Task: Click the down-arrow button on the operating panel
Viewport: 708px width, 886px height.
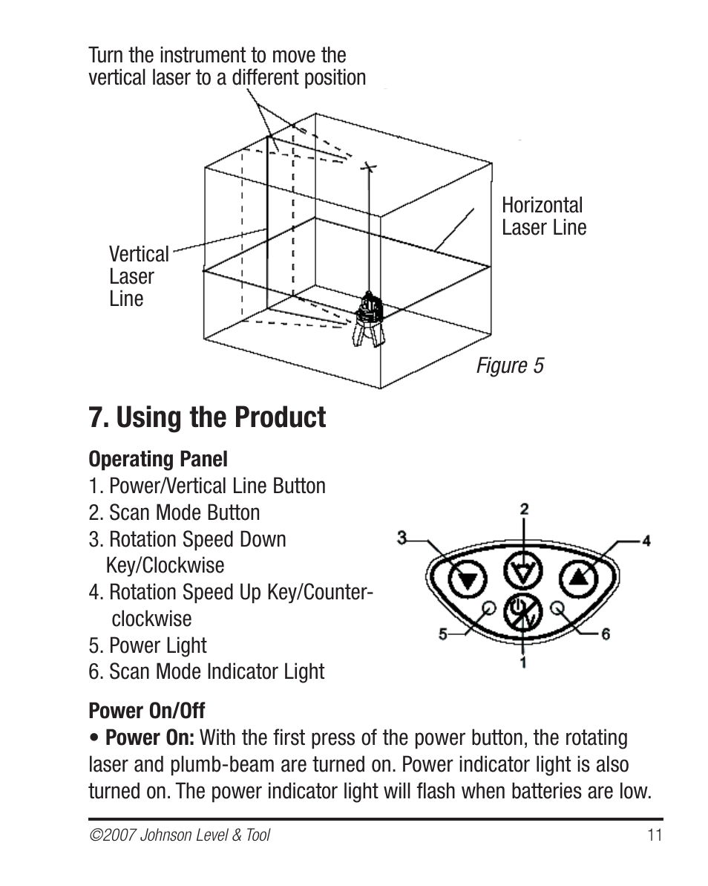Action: (468, 579)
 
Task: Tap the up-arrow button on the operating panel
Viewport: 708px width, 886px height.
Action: (578, 578)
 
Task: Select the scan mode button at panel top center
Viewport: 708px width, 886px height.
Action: (523, 571)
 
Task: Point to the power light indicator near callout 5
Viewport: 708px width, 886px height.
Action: (490, 608)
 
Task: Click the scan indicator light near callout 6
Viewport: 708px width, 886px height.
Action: (557, 608)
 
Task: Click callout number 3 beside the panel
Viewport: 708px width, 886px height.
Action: (402, 538)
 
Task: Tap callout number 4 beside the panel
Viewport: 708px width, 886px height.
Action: (646, 541)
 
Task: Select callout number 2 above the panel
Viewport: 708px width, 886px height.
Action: (524, 509)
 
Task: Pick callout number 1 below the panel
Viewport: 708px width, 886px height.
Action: (522, 662)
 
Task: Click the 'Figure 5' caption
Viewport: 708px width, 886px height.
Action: (510, 365)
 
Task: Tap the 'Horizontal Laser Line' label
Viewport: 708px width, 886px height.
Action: (544, 216)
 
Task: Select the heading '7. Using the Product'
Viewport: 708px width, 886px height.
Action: (207, 417)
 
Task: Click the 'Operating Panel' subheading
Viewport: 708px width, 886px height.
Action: (158, 460)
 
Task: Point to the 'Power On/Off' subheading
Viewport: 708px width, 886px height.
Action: (147, 710)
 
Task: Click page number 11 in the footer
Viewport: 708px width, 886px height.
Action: (655, 835)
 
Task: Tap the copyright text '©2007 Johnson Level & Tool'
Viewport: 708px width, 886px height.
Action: (180, 835)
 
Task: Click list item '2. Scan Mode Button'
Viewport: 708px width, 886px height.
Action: (174, 512)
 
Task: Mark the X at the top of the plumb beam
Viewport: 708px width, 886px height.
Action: (370, 167)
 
